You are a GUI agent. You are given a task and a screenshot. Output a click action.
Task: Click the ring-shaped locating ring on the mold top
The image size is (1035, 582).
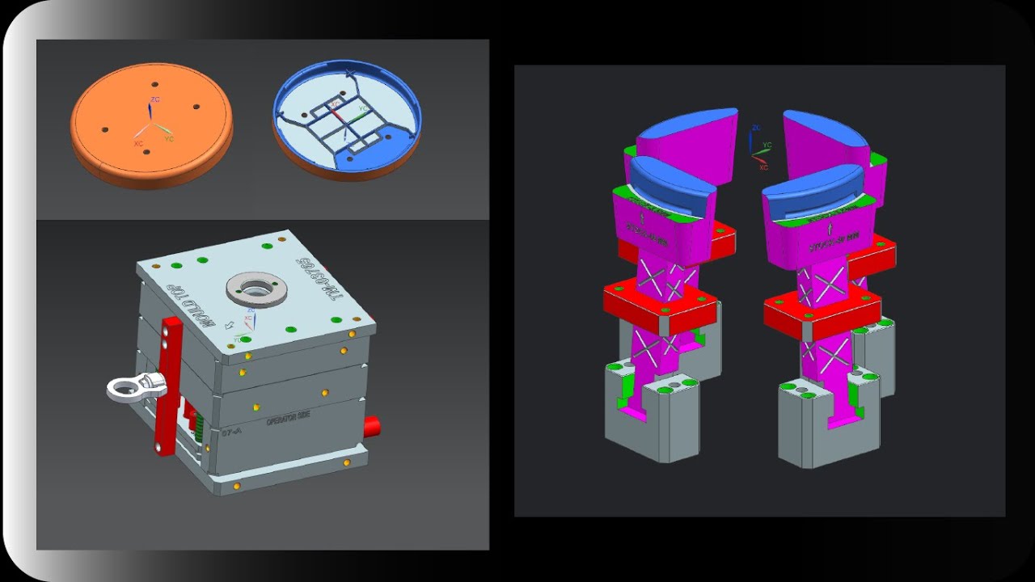coord(256,288)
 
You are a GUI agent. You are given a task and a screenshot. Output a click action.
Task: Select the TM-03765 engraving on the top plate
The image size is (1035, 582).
coord(318,279)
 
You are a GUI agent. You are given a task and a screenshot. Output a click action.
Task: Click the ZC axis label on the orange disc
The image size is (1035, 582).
coord(154,99)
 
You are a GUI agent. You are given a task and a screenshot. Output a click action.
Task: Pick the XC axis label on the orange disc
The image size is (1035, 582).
coord(138,143)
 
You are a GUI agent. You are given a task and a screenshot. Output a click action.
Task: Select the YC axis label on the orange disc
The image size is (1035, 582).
coord(169,139)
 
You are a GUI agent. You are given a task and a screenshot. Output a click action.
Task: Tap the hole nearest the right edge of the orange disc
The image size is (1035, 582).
coord(196,108)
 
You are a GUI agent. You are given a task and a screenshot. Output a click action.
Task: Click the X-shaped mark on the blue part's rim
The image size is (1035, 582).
coord(349,74)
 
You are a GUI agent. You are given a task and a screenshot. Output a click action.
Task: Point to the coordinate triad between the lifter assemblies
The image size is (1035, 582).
coord(758,146)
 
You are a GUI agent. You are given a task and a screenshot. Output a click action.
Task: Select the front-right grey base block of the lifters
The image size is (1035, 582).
coord(829,424)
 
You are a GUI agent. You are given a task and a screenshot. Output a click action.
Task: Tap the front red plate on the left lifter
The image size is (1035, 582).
coord(659,302)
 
